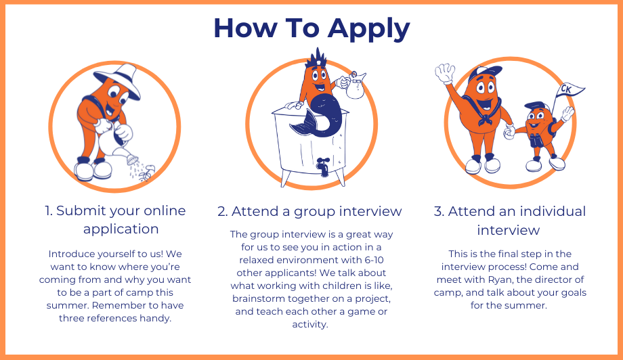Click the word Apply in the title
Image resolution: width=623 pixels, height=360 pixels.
point(368,29)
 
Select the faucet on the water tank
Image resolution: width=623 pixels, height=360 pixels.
point(324,166)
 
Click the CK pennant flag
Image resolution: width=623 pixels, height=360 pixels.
point(569,91)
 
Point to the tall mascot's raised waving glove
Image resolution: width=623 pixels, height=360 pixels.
point(445,73)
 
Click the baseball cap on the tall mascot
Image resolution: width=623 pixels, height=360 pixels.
point(484,74)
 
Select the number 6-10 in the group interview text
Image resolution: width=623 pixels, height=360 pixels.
point(374,260)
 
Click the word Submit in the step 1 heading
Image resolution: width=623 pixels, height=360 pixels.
point(81,210)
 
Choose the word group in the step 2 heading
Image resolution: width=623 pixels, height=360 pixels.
point(312,212)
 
